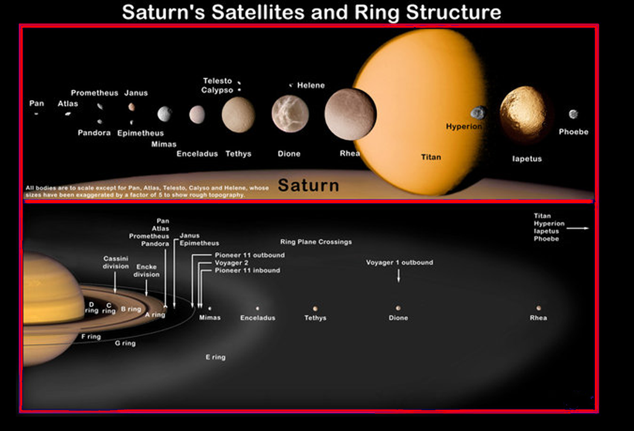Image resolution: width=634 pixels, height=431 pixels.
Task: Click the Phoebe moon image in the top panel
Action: tap(573, 114)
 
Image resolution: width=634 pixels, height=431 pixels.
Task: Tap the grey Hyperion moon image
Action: tap(478, 112)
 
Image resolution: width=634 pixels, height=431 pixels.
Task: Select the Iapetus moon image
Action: tap(524, 114)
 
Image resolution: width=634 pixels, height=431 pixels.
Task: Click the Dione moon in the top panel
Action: tap(290, 114)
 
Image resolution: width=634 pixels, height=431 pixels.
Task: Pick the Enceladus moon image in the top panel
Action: tap(197, 114)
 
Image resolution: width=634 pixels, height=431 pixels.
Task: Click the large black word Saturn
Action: tap(309, 185)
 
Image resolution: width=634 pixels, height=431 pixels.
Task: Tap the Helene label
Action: tap(311, 85)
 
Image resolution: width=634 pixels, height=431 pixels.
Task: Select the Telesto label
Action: tap(217, 81)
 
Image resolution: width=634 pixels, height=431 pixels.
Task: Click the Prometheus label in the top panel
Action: tap(94, 93)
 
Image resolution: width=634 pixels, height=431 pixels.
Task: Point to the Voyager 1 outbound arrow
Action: tap(399, 275)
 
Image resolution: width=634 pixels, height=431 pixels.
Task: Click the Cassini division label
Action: tap(115, 263)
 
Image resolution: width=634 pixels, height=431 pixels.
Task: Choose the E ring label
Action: tap(215, 357)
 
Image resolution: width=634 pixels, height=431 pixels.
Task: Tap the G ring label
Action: tap(125, 343)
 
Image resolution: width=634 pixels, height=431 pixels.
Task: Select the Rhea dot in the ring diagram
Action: tap(538, 308)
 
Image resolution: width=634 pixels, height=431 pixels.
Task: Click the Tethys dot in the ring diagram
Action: tap(315, 308)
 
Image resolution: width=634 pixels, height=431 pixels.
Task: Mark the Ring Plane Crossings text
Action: tap(316, 242)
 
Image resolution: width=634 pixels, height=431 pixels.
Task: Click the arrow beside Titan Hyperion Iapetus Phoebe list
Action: tap(578, 228)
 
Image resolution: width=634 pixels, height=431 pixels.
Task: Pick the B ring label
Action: tap(131, 309)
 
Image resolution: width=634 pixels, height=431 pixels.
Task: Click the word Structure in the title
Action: tap(453, 12)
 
